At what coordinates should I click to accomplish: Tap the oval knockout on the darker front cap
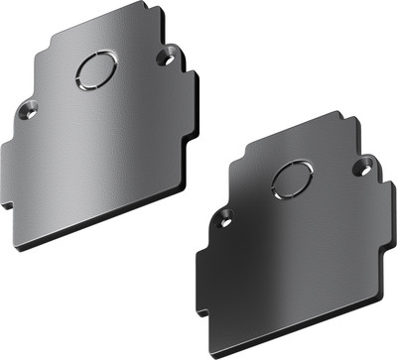click(292, 180)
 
